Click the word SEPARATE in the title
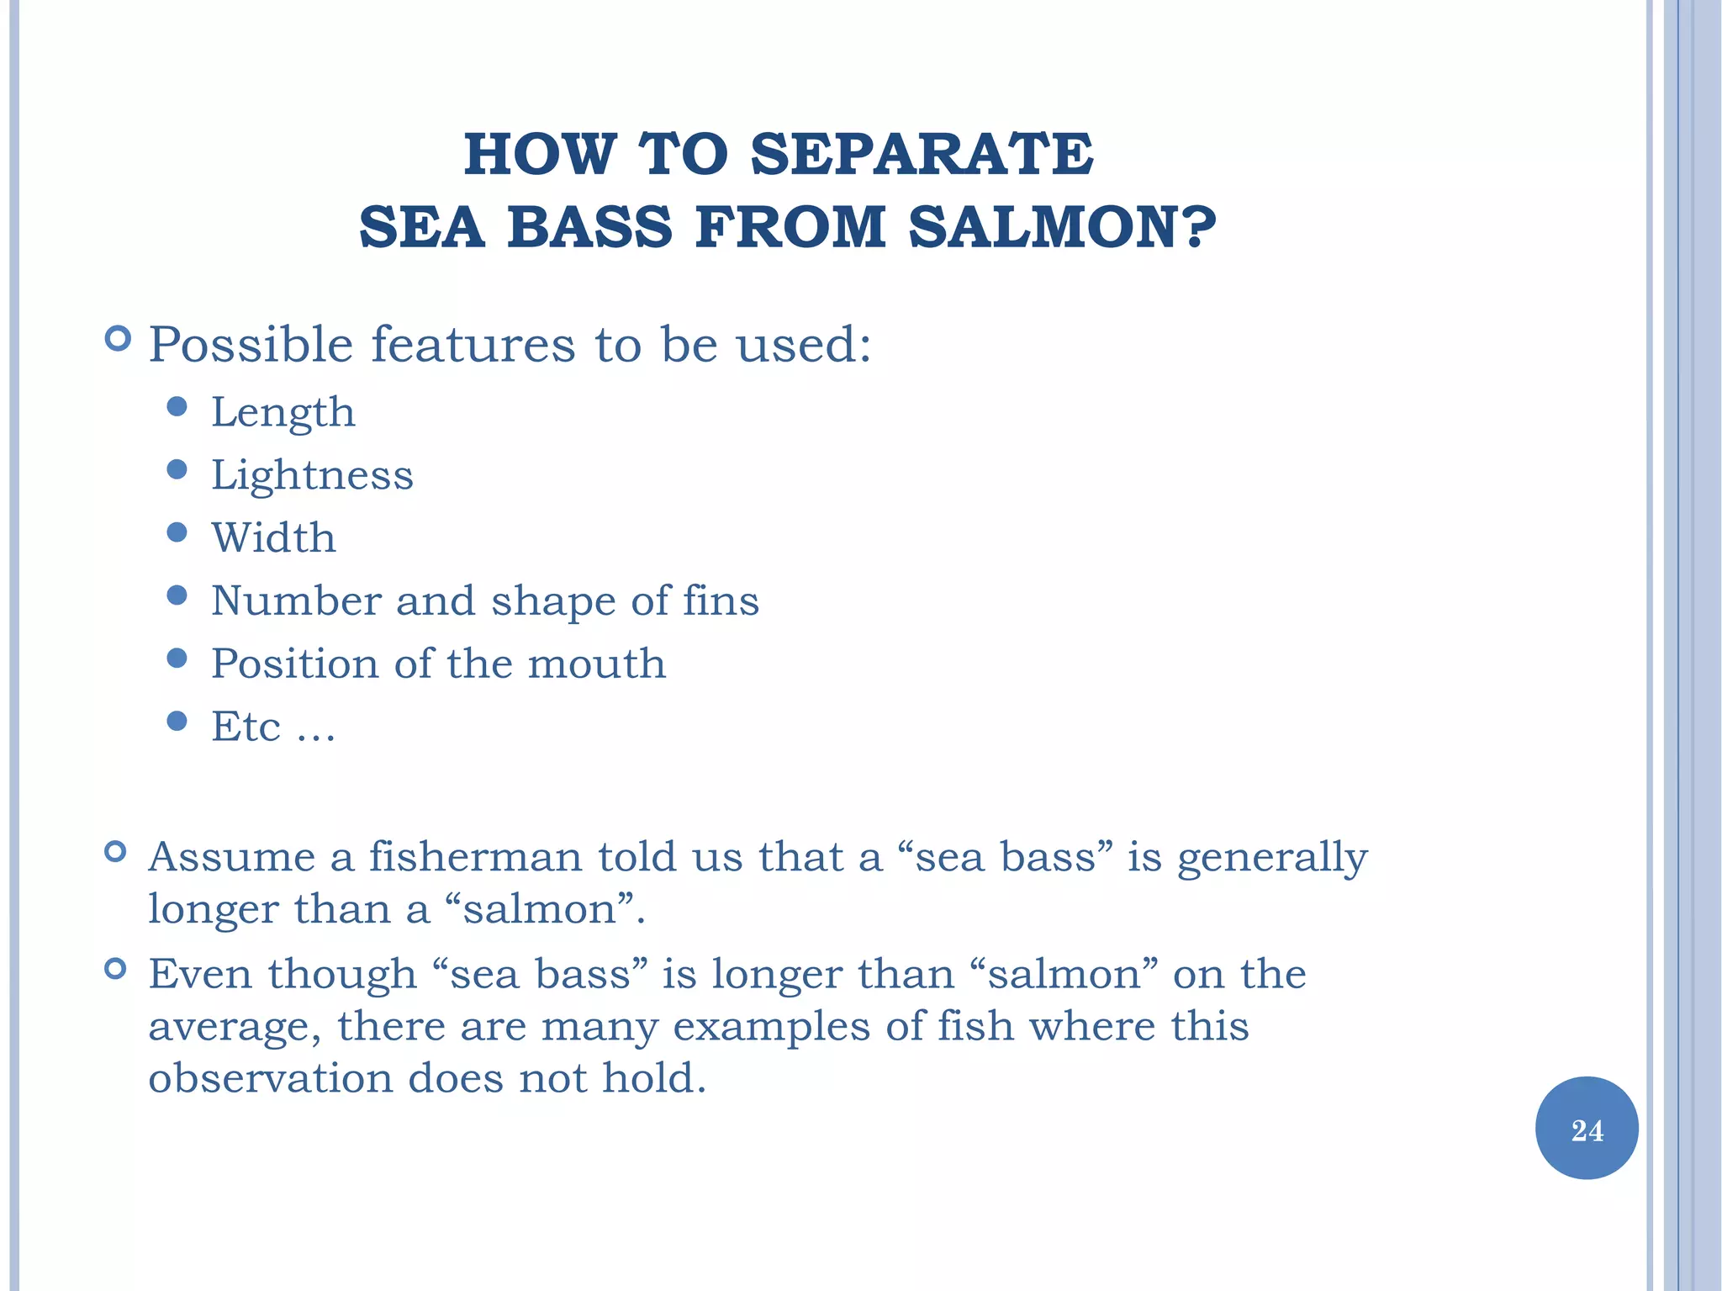[x=922, y=155]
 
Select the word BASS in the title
[x=589, y=228]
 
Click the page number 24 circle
[x=1587, y=1129]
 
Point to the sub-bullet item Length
[x=283, y=413]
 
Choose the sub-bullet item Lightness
[x=312, y=475]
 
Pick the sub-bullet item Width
[x=273, y=538]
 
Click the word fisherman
[x=475, y=857]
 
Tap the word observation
[x=270, y=1078]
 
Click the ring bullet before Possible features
[x=118, y=339]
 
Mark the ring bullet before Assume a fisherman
[x=115, y=852]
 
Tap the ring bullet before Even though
[x=115, y=969]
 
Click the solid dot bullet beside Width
[x=177, y=532]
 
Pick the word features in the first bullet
[x=473, y=345]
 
